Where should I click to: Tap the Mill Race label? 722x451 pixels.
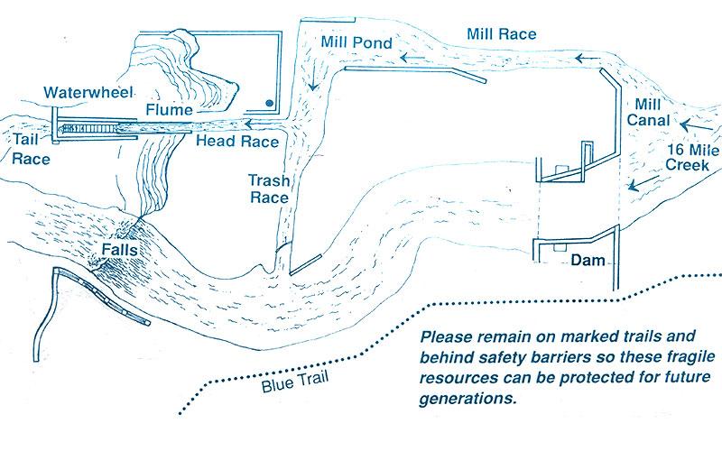click(501, 34)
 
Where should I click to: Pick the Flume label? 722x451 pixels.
click(171, 110)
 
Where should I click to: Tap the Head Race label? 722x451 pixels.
click(237, 143)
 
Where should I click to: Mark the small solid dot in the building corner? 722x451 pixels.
click(270, 104)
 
